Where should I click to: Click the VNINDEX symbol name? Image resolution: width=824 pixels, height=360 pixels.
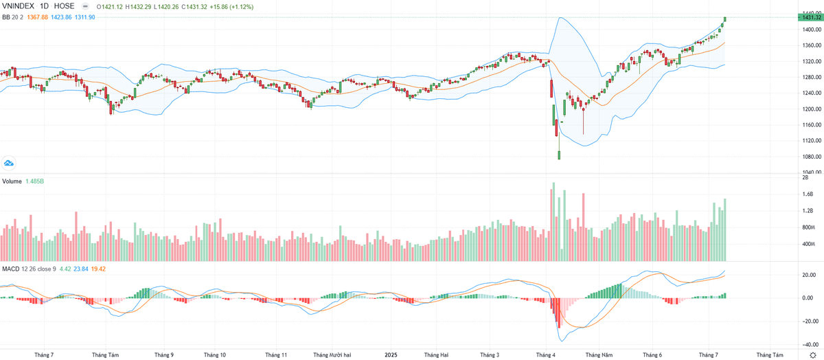(19, 6)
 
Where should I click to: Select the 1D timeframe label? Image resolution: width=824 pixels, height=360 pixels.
(47, 6)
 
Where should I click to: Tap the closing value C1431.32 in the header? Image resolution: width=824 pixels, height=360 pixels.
(195, 6)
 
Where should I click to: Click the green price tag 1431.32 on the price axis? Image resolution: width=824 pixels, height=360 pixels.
(810, 17)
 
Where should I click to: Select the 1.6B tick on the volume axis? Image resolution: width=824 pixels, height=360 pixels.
(808, 194)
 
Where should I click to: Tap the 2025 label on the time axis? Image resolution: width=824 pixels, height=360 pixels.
(391, 355)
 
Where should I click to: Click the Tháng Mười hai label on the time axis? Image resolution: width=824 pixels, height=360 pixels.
(332, 355)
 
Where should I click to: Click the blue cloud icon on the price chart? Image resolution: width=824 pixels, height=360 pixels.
(10, 163)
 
